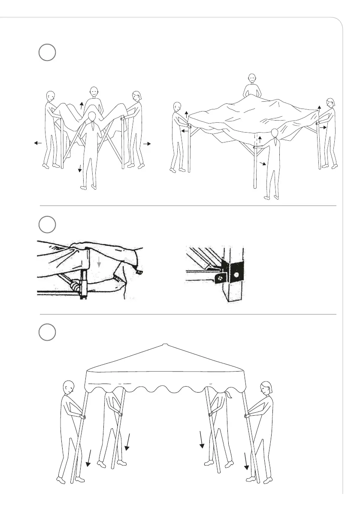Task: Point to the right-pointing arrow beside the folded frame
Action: (x=147, y=144)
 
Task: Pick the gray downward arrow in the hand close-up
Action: (x=99, y=263)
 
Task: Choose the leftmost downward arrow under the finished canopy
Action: (x=89, y=457)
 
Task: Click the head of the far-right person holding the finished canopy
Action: (x=265, y=390)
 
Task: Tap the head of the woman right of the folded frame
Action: (x=137, y=97)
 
